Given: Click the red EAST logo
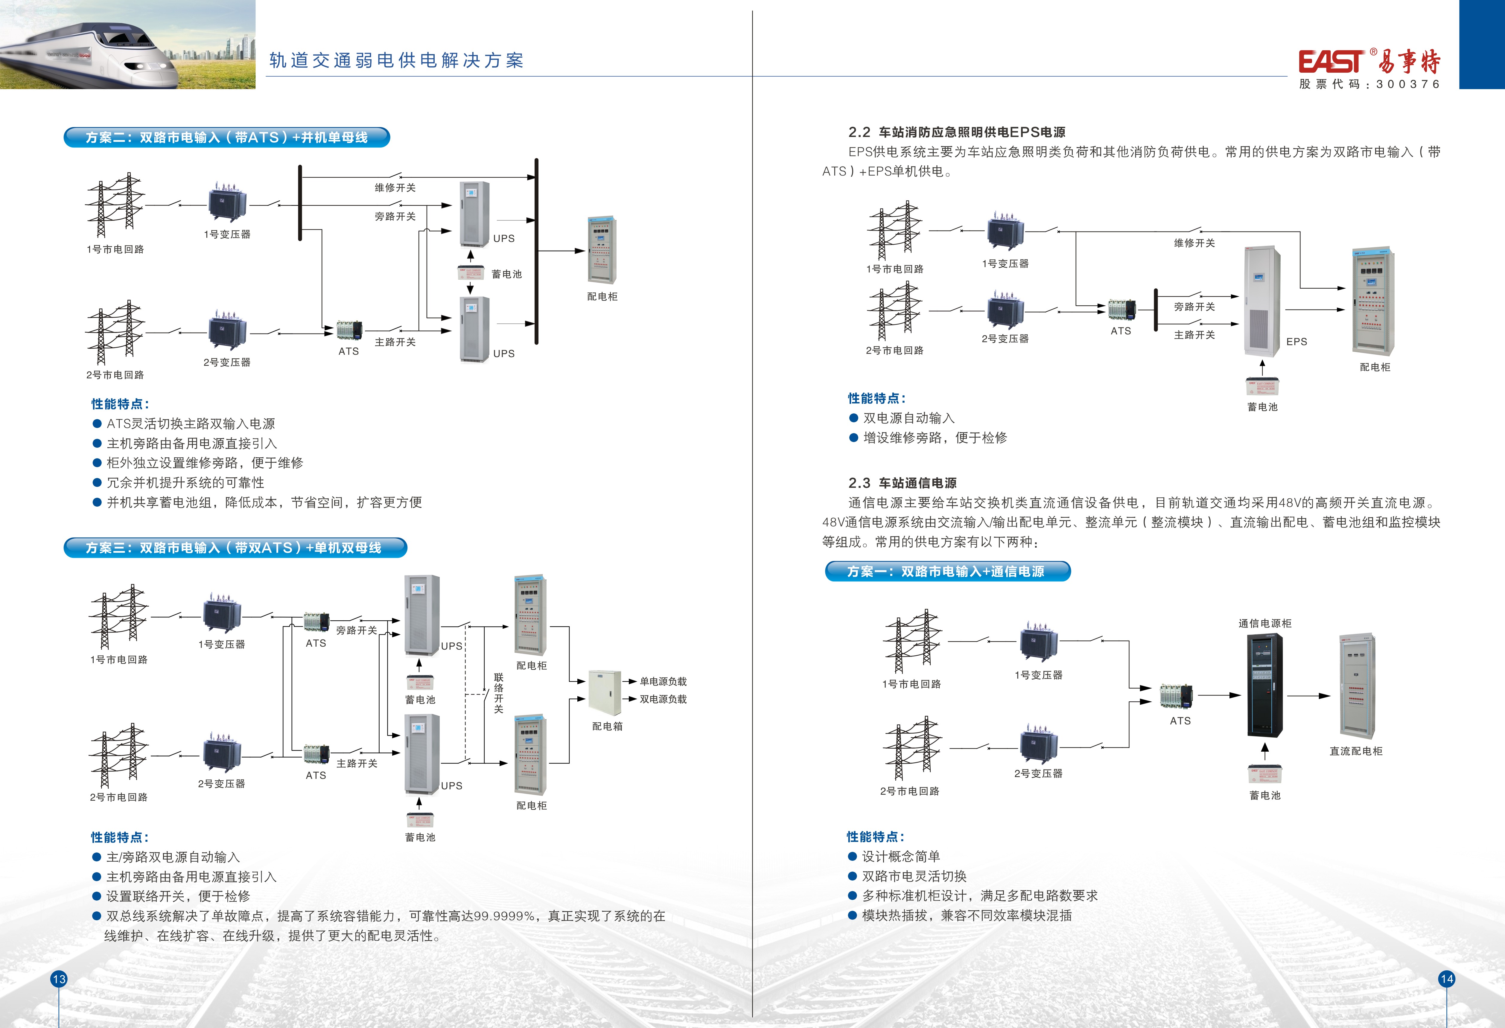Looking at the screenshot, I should click(x=1331, y=62).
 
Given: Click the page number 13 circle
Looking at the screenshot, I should click(x=59, y=979).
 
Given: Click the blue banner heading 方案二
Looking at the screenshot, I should click(x=227, y=137).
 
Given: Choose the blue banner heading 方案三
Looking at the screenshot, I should click(x=235, y=548).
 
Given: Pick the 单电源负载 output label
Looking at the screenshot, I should click(x=663, y=681).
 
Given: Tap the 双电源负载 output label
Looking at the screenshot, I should click(x=663, y=699).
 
